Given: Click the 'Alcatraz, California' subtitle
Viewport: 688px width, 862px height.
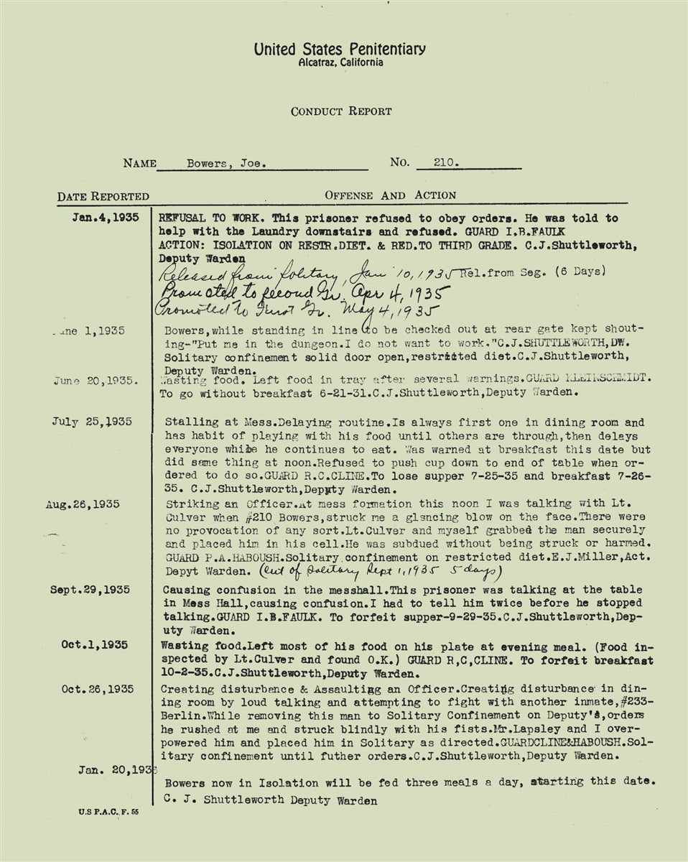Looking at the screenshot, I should pyautogui.click(x=340, y=63).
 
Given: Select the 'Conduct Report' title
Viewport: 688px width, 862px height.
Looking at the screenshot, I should pyautogui.click(x=341, y=111).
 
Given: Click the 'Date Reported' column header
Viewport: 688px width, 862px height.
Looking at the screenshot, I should pyautogui.click(x=103, y=196).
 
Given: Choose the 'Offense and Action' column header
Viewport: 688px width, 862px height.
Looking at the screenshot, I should pyautogui.click(x=390, y=195).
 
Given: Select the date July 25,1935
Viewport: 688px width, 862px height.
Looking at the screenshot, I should pyautogui.click(x=91, y=422).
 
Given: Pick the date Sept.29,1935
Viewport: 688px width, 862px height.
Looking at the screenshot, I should pyautogui.click(x=90, y=590).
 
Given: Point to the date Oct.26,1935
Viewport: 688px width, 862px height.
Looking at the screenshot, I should pyautogui.click(x=97, y=689).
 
